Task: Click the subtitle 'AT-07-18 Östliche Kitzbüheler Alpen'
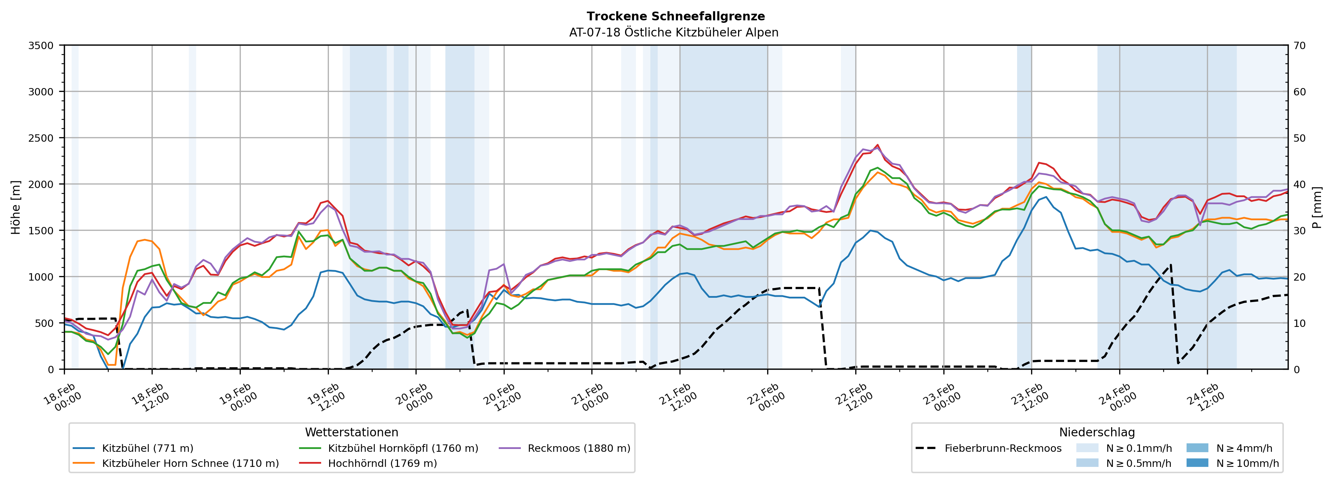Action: click(673, 33)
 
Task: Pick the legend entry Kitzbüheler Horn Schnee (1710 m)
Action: click(190, 463)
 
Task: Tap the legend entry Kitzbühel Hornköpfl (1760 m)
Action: click(403, 448)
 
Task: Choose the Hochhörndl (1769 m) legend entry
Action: click(382, 463)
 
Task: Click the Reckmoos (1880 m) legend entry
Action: click(578, 448)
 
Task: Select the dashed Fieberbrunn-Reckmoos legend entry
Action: click(1003, 448)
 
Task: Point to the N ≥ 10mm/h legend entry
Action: click(1247, 463)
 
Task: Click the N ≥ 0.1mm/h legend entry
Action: click(1138, 448)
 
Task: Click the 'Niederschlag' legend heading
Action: click(1096, 432)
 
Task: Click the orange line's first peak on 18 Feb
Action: click(145, 240)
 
